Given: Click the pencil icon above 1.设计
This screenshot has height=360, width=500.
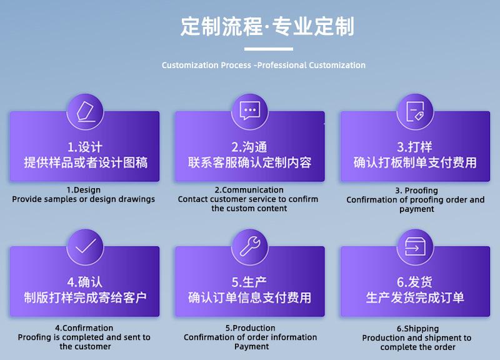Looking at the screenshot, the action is [86, 112].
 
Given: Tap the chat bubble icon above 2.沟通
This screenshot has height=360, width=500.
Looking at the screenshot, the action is [249, 111].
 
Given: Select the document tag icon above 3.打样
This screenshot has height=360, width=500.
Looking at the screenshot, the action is [415, 111].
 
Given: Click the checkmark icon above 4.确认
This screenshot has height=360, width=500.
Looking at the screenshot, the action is [85, 246].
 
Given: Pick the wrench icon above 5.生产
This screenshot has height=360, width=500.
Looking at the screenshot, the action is [251, 246].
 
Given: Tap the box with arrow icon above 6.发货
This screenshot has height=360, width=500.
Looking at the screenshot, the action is [415, 246].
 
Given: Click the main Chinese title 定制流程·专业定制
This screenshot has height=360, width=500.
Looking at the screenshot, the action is [267, 26].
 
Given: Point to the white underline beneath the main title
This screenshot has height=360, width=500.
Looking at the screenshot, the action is [269, 49].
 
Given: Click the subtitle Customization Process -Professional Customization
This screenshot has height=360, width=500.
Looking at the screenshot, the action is [263, 65].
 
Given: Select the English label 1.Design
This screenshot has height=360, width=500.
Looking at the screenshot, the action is [84, 190].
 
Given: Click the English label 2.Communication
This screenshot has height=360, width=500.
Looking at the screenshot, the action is [249, 190].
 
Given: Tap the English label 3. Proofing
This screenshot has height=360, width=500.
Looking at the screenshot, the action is [416, 191].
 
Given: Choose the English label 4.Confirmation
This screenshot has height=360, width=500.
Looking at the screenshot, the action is [84, 327].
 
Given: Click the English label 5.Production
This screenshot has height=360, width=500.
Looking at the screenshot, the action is [251, 327].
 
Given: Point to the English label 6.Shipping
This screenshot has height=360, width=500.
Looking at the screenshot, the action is [417, 328].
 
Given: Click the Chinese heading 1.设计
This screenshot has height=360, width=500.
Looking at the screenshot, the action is [85, 147].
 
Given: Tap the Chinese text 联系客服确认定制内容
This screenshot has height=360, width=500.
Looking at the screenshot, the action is [249, 162].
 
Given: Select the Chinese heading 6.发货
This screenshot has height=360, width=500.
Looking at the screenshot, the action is [414, 282].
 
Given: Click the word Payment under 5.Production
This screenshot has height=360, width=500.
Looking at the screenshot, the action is [252, 347].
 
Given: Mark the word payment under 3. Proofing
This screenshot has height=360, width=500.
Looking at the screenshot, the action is [417, 209].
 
